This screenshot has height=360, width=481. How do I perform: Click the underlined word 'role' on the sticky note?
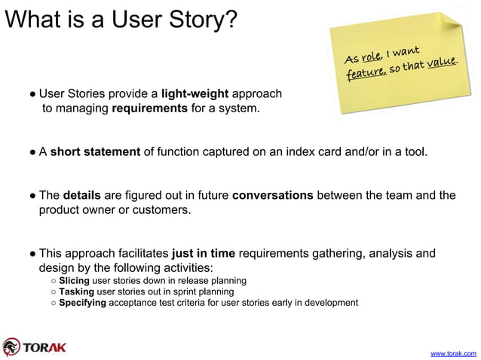(370, 56)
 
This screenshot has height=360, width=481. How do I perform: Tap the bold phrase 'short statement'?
(95, 152)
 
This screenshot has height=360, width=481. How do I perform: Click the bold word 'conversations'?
(272, 196)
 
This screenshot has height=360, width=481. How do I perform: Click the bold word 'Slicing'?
(74, 281)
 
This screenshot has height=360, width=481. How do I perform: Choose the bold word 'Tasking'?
(76, 291)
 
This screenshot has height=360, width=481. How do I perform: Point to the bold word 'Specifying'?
(82, 303)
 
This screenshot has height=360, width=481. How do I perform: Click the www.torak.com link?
(452, 352)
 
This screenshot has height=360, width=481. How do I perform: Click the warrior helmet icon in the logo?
(11, 346)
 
